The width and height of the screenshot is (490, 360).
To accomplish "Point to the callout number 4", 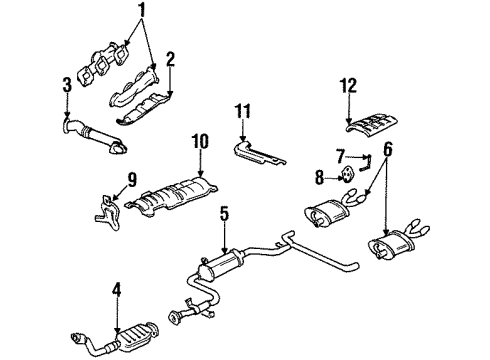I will [116, 290].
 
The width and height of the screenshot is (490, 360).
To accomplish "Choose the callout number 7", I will [340, 156].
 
